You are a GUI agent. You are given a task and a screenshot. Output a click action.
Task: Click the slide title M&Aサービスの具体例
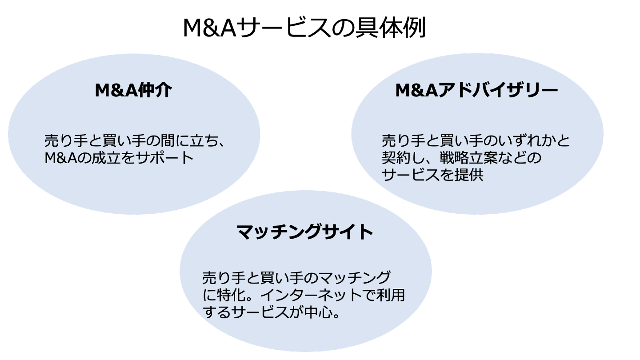[304, 28]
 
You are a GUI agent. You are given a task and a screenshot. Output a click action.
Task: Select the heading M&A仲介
[133, 91]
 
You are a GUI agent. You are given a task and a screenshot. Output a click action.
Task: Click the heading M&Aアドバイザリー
[476, 91]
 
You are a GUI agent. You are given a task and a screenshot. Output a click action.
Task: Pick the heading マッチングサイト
[304, 232]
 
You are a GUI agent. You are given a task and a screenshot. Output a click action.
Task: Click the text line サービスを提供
[432, 175]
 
